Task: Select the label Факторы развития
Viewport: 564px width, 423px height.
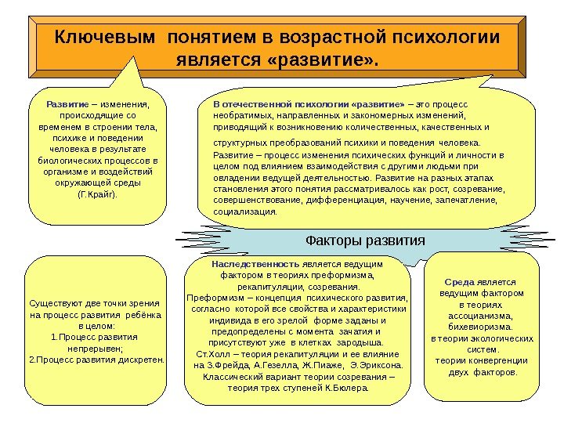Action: point(364,240)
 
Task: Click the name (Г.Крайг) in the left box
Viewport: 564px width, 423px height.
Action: point(98,192)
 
